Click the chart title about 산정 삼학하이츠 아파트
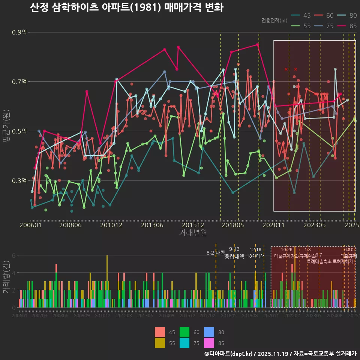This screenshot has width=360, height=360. tap(126, 8)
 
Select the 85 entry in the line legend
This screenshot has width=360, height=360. tap(348, 26)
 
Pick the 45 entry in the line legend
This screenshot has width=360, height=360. tap(302, 15)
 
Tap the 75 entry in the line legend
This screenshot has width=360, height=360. tap(325, 26)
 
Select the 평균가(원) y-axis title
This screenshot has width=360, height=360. tap(7, 126)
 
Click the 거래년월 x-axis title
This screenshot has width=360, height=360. tap(193, 233)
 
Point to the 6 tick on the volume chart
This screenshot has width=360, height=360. tap(14, 255)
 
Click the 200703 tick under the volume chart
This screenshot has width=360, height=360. tap(39, 316)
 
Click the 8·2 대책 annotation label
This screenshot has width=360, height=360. tap(216, 253)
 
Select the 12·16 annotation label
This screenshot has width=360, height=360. tap(255, 250)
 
